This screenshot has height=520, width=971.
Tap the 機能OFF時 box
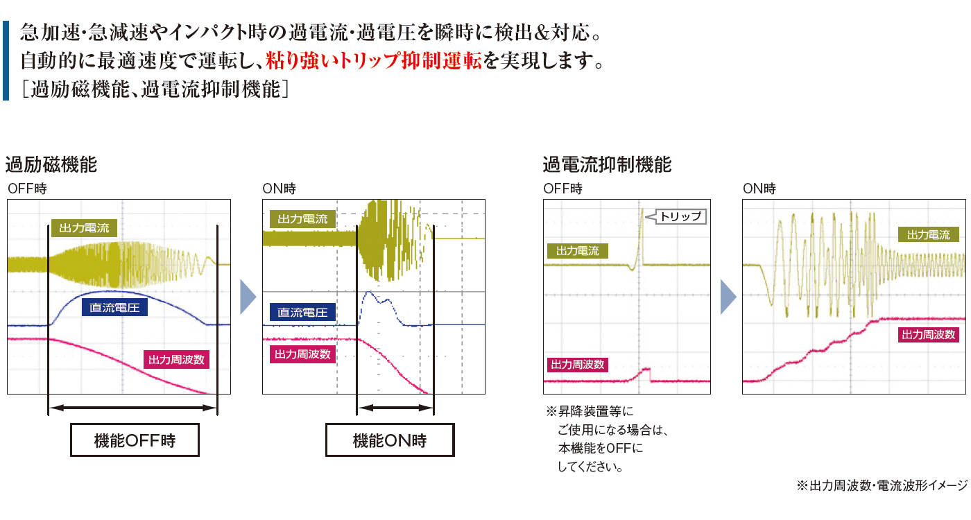pyautogui.click(x=135, y=440)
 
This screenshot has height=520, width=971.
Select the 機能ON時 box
pyautogui.click(x=390, y=440)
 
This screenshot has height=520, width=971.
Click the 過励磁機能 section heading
pyautogui.click(x=51, y=165)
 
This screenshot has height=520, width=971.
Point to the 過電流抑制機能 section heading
pyautogui.click(x=607, y=165)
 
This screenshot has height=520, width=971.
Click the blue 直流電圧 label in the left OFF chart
pyautogui.click(x=114, y=308)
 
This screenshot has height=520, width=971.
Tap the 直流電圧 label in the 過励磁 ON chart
pyautogui.click(x=302, y=312)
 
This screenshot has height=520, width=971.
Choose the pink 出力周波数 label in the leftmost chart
pyautogui.click(x=176, y=360)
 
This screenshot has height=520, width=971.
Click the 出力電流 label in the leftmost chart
pyautogui.click(x=84, y=228)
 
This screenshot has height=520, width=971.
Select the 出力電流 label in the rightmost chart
pyautogui.click(x=928, y=235)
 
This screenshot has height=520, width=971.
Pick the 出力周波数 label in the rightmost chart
pyautogui.click(x=928, y=334)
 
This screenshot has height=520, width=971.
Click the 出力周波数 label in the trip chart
pyautogui.click(x=577, y=365)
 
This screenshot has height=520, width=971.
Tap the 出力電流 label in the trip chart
pyautogui.click(x=577, y=250)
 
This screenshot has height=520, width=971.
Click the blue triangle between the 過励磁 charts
pyautogui.click(x=247, y=297)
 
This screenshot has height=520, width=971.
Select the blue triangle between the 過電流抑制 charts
pyautogui.click(x=728, y=297)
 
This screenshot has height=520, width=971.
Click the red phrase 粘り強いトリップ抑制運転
pyautogui.click(x=374, y=61)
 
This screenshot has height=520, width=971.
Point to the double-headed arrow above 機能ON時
pyautogui.click(x=395, y=408)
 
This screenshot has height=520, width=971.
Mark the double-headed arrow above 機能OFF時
pyautogui.click(x=132, y=408)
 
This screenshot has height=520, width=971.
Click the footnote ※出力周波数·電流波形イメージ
pyautogui.click(x=882, y=485)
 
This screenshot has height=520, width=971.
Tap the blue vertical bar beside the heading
pyautogui.click(x=6, y=61)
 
